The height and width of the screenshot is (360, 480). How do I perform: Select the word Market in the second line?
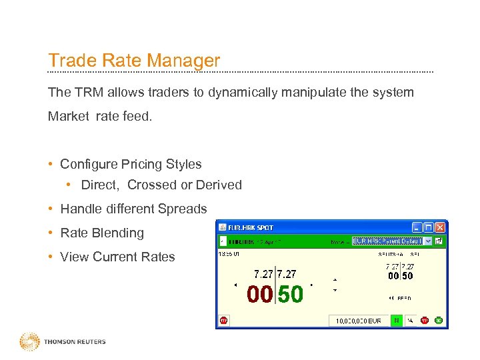[68, 116]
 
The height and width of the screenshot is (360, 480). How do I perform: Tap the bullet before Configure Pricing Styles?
[51, 164]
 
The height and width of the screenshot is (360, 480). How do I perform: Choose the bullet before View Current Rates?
[51, 257]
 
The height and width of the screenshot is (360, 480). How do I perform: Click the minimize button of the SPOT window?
[417, 227]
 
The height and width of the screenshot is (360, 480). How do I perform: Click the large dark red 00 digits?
[260, 294]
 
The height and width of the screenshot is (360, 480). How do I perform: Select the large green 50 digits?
[290, 294]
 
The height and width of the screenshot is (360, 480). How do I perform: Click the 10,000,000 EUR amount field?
[358, 321]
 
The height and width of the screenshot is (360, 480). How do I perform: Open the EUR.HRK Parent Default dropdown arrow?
[428, 241]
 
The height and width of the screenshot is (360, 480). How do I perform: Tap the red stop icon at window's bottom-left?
[224, 321]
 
